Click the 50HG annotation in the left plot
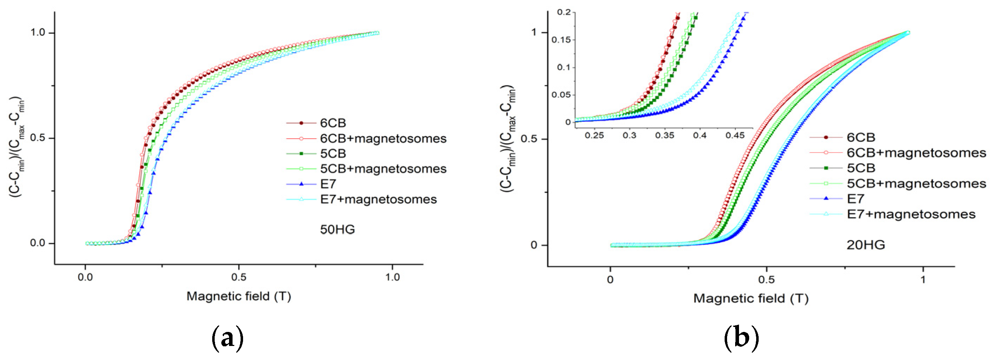point(337,229)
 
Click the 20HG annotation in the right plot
point(866,245)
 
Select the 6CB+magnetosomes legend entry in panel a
point(383,139)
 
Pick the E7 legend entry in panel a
point(328,184)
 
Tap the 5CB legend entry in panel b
point(861,168)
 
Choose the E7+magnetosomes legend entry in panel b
point(911,214)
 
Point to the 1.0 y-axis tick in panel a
point(38,32)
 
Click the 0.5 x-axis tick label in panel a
point(239,278)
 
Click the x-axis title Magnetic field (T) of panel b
point(751,299)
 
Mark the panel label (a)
point(228,338)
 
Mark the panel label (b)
point(741,338)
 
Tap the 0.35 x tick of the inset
point(664,136)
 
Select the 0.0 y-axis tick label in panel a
point(38,244)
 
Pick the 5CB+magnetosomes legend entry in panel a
point(383,169)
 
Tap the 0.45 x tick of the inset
point(735,136)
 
